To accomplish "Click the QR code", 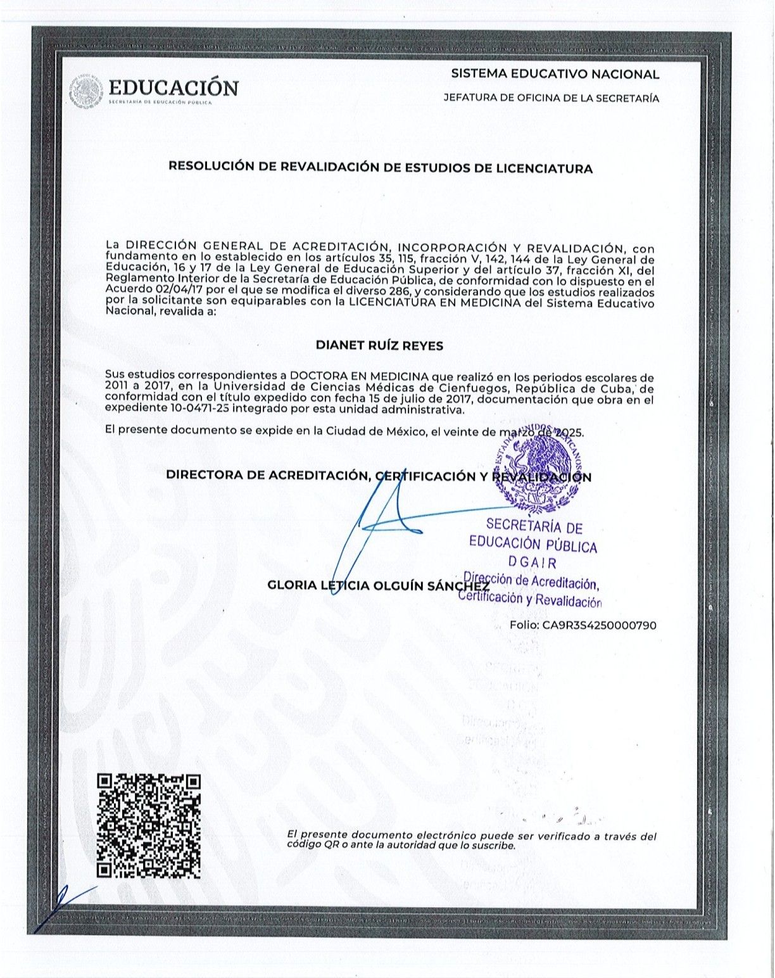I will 149,825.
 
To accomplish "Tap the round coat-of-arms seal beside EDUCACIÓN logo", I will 85,91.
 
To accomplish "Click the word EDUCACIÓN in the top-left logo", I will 173,87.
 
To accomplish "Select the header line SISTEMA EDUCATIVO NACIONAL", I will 555,74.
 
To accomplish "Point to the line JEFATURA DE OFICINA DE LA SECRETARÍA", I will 551,98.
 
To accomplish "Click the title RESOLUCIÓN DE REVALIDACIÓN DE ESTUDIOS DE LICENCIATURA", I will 380,168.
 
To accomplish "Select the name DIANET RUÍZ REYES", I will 379,346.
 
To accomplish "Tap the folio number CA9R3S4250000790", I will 599,625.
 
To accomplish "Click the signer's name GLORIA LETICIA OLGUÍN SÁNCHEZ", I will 379,585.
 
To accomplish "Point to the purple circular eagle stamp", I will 537,469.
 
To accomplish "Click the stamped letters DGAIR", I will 532,562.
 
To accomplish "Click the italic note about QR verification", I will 472,841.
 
